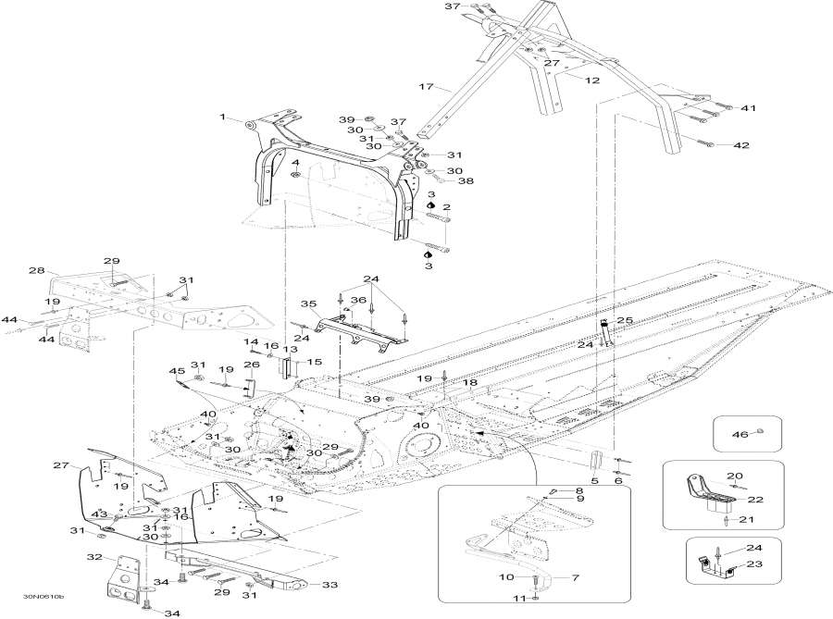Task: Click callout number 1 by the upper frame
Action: [x=223, y=118]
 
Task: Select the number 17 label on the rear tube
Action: [x=426, y=87]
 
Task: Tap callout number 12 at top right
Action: [x=591, y=81]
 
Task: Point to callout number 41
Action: [x=748, y=108]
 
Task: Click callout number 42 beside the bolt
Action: [x=741, y=145]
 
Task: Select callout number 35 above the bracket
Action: [x=309, y=303]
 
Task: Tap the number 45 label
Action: [x=178, y=371]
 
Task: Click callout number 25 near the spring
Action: [x=626, y=320]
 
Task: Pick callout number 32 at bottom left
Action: [x=94, y=557]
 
